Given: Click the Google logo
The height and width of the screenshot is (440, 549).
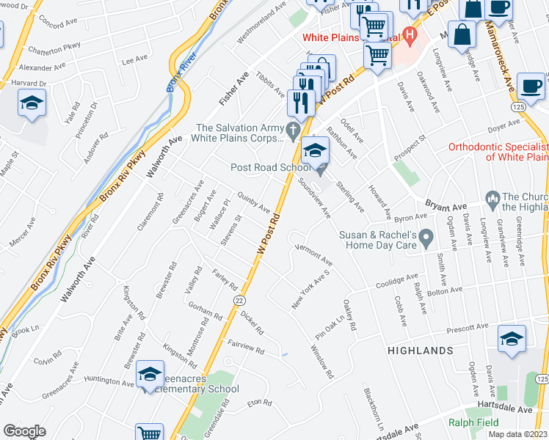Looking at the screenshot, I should [x=23, y=431].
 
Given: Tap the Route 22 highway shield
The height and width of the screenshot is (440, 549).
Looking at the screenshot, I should [x=239, y=300].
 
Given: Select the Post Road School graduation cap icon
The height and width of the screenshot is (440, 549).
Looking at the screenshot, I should [x=315, y=152].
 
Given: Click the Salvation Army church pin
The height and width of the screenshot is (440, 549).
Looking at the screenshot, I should [x=294, y=132].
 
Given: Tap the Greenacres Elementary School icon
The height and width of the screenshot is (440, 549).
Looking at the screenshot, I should [x=150, y=375].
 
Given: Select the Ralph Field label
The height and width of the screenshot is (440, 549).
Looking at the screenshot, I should [x=474, y=422].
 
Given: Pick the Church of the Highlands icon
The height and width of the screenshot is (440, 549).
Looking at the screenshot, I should [x=492, y=199].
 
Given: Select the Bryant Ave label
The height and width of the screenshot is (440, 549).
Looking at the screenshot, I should [x=446, y=205].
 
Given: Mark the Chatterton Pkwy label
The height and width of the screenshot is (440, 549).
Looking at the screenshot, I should [x=54, y=50].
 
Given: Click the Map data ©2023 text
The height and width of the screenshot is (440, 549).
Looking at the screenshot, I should [x=517, y=434].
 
